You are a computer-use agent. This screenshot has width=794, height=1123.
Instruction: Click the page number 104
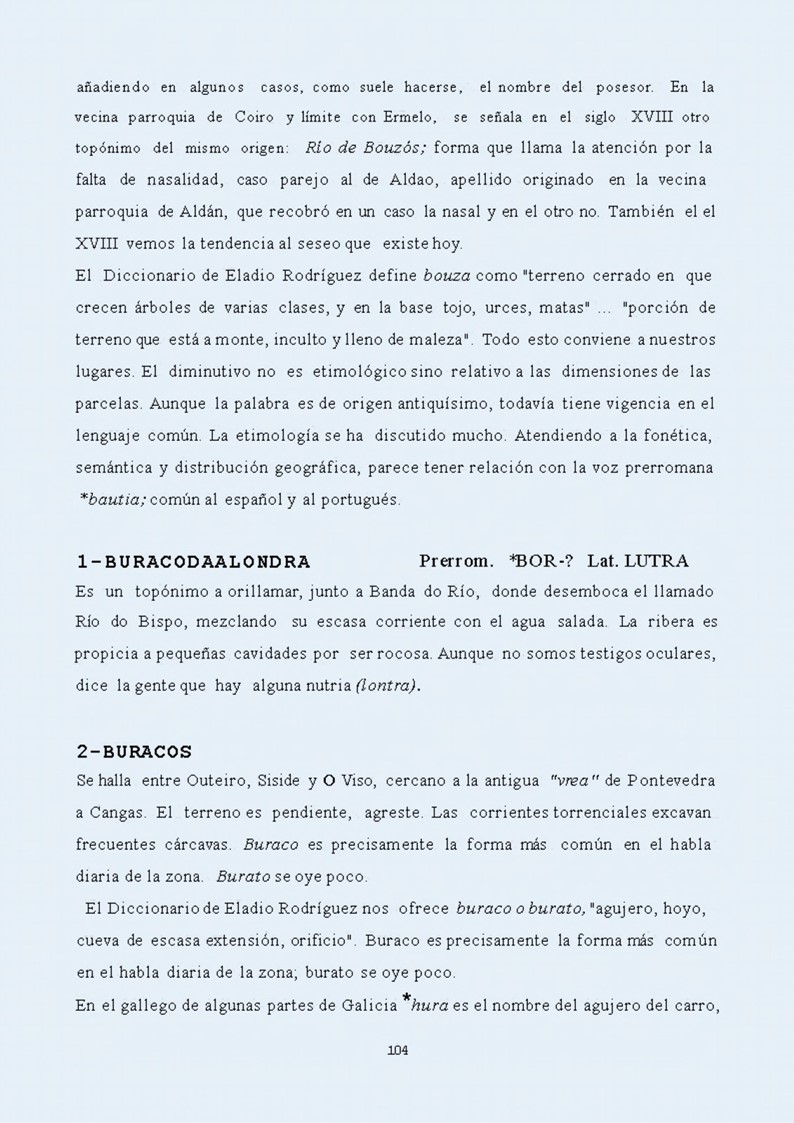397,1050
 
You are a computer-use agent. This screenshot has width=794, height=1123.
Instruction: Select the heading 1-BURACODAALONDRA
193,562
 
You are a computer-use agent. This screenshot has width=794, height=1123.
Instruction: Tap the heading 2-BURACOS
134,751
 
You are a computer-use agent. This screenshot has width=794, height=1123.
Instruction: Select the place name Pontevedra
671,779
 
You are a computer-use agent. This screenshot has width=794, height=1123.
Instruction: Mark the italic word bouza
447,275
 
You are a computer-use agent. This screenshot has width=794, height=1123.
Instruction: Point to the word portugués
357,499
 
